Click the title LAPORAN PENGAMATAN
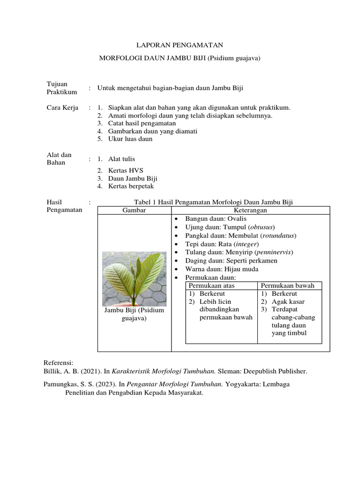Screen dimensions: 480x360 click(x=180, y=45)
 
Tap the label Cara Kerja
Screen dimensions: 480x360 click(x=62, y=107)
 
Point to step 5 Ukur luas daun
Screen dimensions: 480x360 click(x=130, y=139)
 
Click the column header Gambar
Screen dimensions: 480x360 click(x=134, y=210)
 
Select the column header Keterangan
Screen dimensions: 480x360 click(x=250, y=210)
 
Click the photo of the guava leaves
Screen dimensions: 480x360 click(x=134, y=276)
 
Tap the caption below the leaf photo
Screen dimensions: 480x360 click(x=134, y=314)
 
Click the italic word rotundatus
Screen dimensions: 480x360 click(x=279, y=235)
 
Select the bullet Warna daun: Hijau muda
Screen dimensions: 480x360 click(x=222, y=269)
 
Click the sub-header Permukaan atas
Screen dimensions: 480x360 click(x=211, y=285)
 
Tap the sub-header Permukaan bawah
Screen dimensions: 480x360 click(x=288, y=285)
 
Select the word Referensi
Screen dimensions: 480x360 click(x=59, y=363)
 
